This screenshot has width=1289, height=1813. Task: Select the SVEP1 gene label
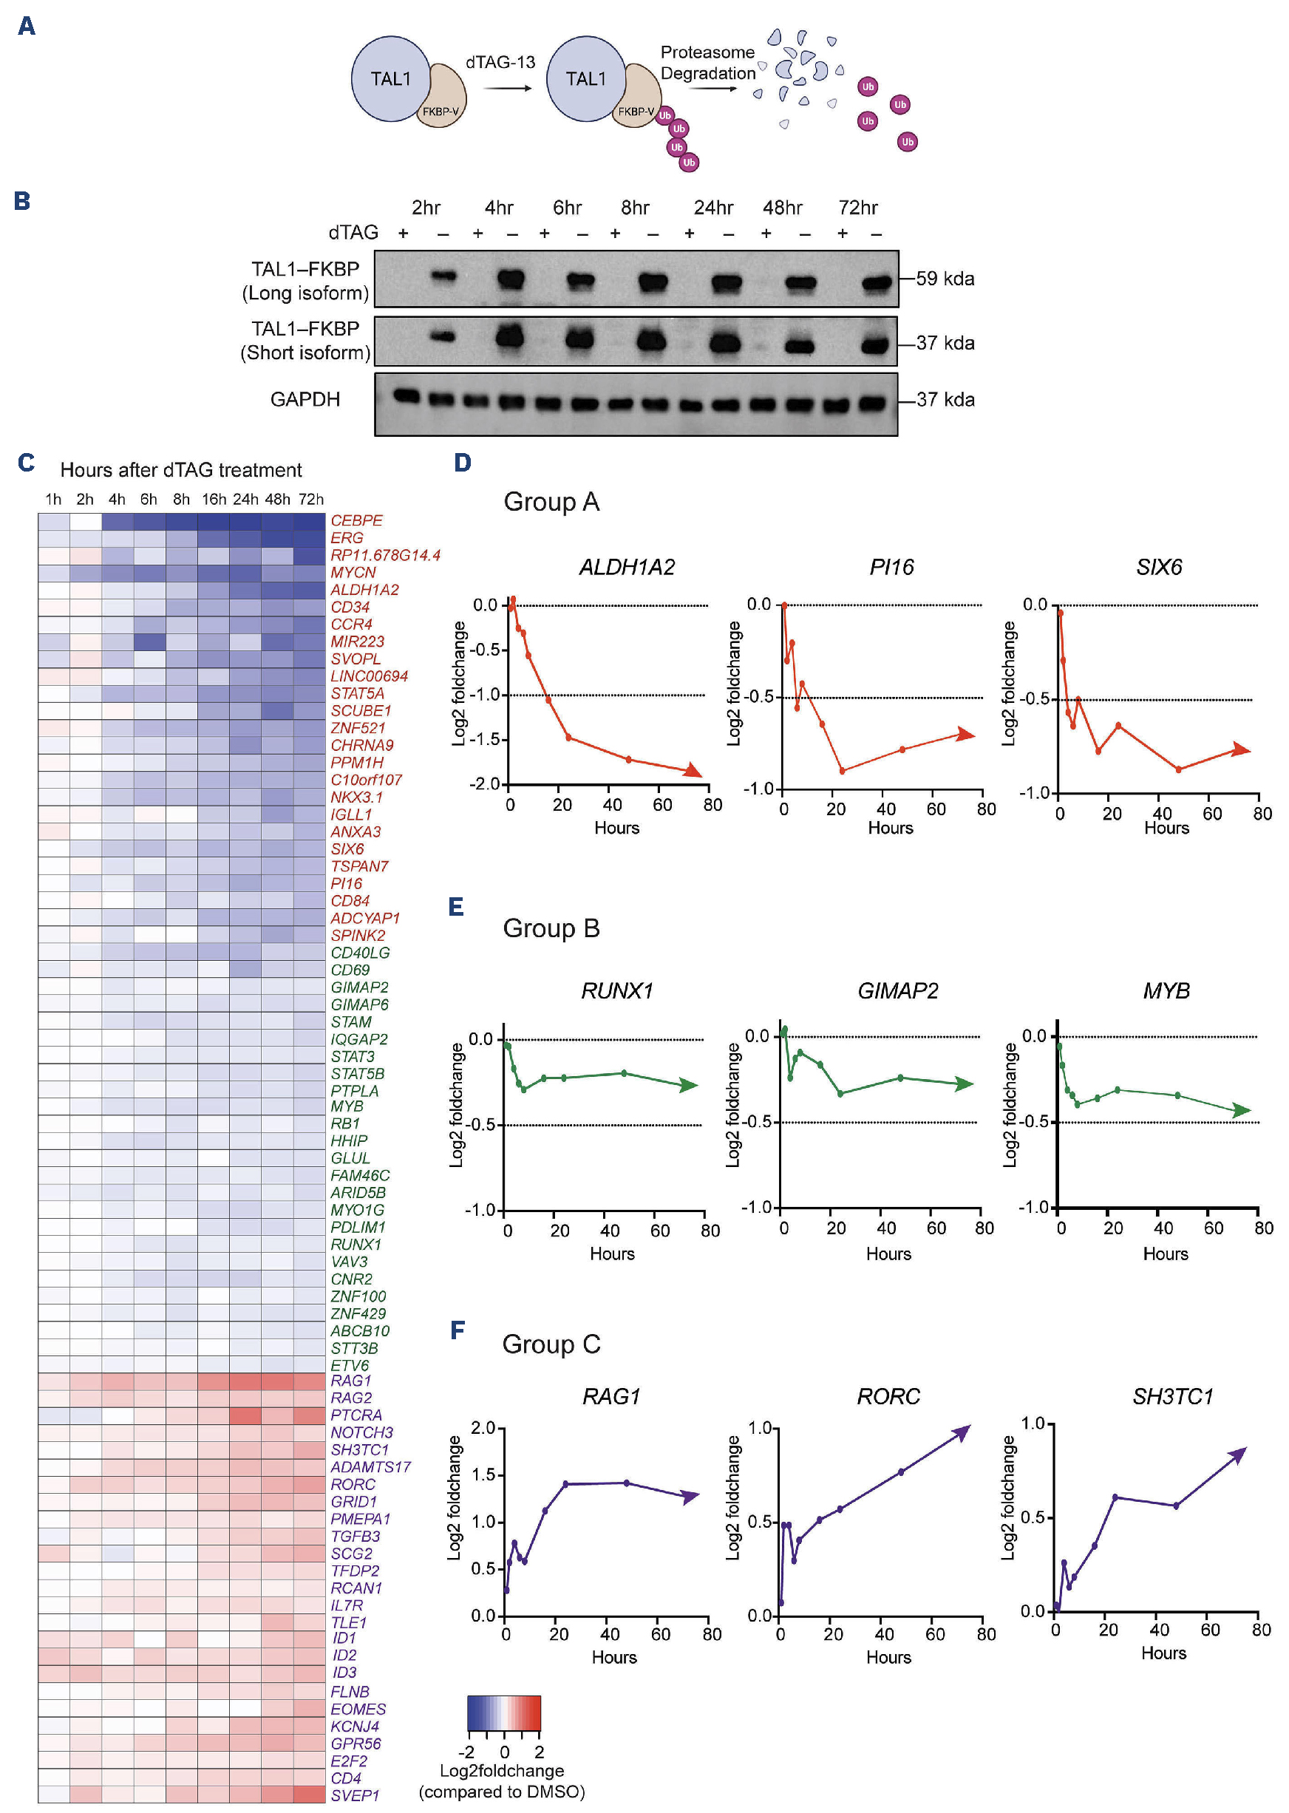355,1795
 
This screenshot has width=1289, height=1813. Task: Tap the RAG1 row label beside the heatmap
351,1381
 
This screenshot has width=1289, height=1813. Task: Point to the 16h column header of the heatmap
214,500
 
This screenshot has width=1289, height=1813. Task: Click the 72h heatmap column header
311,500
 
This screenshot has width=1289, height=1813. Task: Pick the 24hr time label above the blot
712,208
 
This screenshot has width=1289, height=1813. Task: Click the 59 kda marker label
945,279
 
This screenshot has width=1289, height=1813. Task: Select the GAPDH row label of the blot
305,399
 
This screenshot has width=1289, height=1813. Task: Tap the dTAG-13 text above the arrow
500,62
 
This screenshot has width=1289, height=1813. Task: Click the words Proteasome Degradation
707,63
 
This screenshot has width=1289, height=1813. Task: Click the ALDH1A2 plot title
626,567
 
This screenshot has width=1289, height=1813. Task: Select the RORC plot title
888,1396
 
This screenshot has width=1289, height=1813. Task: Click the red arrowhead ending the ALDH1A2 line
693,770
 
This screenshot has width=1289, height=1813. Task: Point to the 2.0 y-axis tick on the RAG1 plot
483,1428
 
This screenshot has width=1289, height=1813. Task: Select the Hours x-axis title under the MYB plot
1164,1254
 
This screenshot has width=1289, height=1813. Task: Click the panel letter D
462,463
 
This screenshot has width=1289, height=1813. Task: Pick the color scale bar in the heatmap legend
503,1712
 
